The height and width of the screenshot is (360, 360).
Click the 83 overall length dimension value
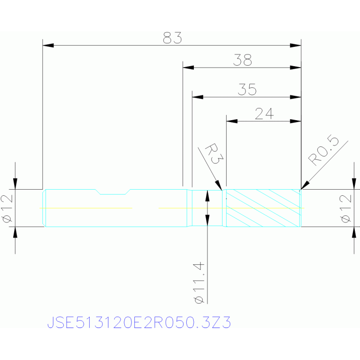(172, 38)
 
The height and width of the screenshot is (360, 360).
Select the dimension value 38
(243, 60)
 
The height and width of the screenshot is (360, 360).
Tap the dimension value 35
(247, 89)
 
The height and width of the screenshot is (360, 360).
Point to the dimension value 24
(264, 114)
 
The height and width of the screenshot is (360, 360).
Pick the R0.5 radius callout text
(323, 150)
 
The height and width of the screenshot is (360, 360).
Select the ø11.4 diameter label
(199, 283)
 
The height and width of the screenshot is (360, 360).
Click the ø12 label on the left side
(8, 209)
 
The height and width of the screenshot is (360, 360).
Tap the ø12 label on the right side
(346, 209)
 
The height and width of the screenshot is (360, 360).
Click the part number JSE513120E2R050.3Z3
(139, 322)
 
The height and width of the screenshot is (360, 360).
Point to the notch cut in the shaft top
(113, 192)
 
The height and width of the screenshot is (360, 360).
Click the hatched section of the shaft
(263, 208)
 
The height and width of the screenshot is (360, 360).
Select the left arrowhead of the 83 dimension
(48, 45)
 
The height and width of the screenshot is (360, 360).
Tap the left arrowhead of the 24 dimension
(232, 121)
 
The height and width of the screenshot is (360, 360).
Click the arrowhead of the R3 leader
(219, 185)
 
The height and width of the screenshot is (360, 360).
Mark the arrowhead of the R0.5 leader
(305, 185)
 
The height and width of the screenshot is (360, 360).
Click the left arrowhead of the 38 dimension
(188, 68)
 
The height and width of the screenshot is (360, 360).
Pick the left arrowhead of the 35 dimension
(198, 97)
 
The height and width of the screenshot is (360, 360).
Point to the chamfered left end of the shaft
(44, 208)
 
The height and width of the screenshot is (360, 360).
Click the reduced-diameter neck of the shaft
(207, 208)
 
